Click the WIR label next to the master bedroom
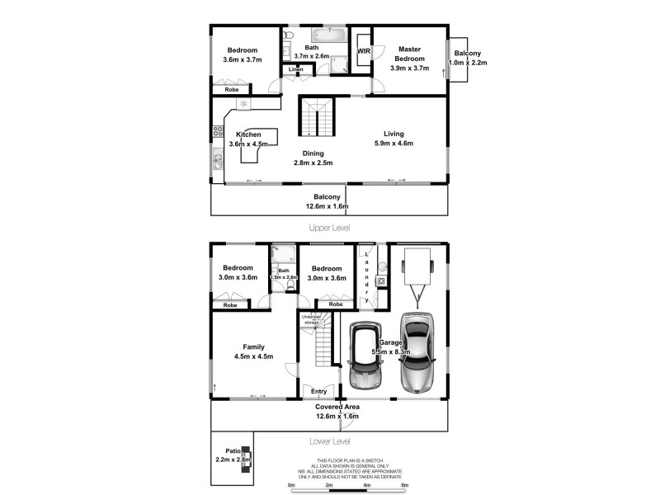point(363,51)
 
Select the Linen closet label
point(295,70)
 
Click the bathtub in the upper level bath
point(328,35)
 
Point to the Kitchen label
point(248,134)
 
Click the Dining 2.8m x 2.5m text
point(313,158)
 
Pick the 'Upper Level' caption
point(329,227)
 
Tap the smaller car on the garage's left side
point(364,356)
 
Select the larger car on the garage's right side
point(418,352)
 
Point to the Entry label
point(318,391)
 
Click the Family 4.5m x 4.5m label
point(253,351)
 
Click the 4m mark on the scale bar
point(366,486)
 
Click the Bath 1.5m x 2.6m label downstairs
point(284,274)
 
